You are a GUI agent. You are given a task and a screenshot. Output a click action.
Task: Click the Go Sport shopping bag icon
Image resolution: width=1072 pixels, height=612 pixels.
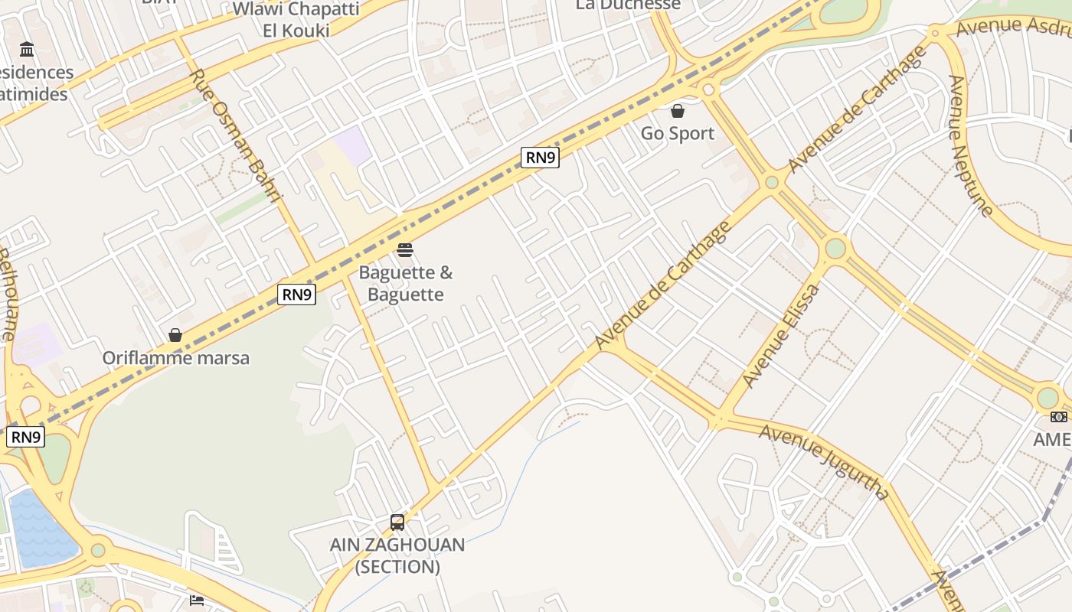pos(677,111)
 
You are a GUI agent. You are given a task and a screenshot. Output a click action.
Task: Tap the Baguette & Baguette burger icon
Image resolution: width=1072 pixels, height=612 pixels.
pos(405,250)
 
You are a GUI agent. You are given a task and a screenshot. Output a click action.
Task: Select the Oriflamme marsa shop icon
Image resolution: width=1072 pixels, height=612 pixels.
pos(175,335)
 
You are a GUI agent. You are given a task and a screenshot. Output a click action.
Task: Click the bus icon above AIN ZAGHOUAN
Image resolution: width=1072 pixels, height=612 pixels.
pos(397,522)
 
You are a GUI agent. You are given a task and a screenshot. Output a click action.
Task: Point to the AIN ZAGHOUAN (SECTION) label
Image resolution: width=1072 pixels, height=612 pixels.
pos(397,555)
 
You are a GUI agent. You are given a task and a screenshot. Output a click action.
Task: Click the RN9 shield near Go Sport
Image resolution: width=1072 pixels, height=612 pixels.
pos(540,158)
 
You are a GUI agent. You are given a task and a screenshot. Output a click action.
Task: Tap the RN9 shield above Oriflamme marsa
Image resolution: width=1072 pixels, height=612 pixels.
pos(296,294)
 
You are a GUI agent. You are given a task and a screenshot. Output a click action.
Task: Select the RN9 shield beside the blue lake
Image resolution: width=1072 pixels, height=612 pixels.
pos(26,437)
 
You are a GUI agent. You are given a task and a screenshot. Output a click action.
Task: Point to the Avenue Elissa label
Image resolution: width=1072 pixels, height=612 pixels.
pos(780,335)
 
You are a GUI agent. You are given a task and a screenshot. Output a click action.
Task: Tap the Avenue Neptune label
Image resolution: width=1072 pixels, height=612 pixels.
pos(970,145)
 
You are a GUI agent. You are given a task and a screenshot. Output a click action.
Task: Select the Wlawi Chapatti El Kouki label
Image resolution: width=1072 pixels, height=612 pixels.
pos(296,20)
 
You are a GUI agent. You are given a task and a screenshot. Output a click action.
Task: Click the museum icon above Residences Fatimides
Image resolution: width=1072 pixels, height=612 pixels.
pos(28,50)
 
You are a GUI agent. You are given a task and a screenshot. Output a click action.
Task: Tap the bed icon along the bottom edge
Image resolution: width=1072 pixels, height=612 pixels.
pos(197,601)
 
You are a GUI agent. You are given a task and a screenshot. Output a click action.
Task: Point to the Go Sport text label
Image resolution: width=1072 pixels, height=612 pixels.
pos(677,133)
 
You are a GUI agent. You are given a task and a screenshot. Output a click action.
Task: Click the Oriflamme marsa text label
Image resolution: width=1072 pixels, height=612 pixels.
pos(175,357)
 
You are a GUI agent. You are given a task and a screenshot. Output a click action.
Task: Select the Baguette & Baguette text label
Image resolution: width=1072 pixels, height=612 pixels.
pos(405,283)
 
